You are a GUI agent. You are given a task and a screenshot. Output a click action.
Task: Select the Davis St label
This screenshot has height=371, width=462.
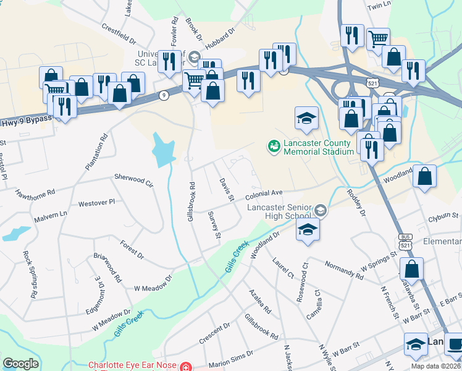(x=227, y=189)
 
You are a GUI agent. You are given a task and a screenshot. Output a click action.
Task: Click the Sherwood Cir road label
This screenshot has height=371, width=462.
(x=133, y=180)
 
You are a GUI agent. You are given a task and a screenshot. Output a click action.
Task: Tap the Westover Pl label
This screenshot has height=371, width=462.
(x=97, y=203)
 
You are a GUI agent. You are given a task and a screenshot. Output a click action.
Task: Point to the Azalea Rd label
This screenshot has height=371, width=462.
(x=260, y=301)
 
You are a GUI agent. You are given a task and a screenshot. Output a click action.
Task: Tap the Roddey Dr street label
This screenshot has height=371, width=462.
(x=357, y=203)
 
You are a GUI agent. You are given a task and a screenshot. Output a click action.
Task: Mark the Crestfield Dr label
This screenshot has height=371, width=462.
(x=119, y=35)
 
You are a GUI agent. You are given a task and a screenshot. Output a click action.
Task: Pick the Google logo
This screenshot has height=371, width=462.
(x=20, y=364)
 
